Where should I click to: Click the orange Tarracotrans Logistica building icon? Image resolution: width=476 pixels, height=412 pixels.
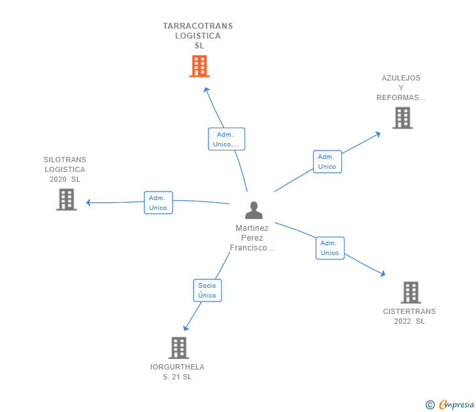click(199, 66)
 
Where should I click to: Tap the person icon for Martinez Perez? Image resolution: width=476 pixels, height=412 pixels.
click(253, 210)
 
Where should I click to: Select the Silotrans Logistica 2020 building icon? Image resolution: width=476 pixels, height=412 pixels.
click(66, 199)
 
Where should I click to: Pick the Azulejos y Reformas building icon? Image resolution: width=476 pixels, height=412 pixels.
click(403, 118)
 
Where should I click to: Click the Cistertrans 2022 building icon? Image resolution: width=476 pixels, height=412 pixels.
click(410, 292)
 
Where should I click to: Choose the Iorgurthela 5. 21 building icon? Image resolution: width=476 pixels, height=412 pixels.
click(178, 348)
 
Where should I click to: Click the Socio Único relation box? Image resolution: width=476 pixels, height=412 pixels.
click(207, 290)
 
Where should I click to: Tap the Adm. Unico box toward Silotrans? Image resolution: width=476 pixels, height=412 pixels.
click(158, 203)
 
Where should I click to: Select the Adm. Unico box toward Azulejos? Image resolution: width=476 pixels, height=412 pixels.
click(327, 162)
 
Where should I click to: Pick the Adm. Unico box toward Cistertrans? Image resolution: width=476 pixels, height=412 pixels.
click(330, 248)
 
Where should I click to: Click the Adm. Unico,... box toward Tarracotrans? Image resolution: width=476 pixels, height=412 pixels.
click(226, 139)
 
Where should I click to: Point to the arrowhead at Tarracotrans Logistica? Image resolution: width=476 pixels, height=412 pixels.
click(206, 90)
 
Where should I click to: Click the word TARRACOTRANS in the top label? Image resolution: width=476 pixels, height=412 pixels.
click(197, 26)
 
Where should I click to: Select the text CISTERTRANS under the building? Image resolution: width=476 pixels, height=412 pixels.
click(409, 311)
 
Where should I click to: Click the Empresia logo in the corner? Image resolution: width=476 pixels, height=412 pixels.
click(456, 405)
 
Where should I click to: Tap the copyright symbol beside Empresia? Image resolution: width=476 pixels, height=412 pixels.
click(430, 405)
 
